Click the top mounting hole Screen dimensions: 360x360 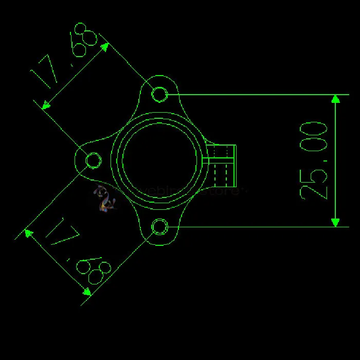click(x=160, y=94)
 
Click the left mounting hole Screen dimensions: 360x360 click(x=94, y=160)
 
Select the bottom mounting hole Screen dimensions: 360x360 click(x=160, y=226)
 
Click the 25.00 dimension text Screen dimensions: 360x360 click(x=314, y=160)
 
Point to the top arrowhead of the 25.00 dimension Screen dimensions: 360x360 click(x=336, y=99)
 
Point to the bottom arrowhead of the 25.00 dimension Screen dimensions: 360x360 click(x=336, y=222)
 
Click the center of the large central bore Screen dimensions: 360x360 click(x=160, y=160)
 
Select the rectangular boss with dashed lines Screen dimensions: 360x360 click(x=222, y=165)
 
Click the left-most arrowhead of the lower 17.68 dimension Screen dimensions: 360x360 click(x=29, y=233)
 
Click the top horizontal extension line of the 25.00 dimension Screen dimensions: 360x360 click(x=257, y=95)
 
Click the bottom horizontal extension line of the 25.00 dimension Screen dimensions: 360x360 click(x=257, y=226)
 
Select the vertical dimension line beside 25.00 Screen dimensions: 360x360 click(x=336, y=160)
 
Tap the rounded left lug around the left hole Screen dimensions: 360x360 click(x=82, y=160)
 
